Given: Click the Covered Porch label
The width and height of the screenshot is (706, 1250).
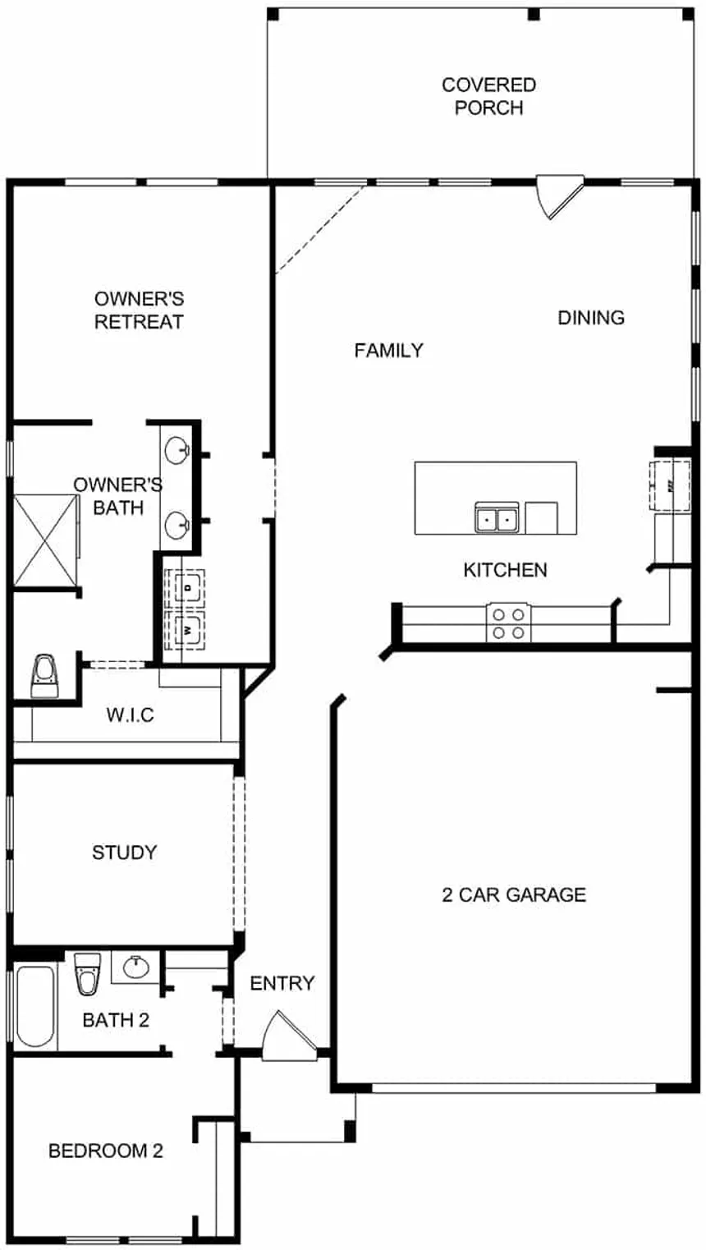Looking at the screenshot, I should [x=488, y=96].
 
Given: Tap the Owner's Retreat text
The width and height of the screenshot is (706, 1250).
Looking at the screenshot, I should [x=139, y=310].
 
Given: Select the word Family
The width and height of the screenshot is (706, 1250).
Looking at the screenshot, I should [x=388, y=351].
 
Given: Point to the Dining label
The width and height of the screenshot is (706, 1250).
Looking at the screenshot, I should [x=591, y=317].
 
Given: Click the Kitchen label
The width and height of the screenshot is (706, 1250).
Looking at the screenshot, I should [x=505, y=569].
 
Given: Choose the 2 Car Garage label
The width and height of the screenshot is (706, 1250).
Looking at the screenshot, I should [x=514, y=894].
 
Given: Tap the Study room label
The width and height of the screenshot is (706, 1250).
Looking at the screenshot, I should [x=124, y=852].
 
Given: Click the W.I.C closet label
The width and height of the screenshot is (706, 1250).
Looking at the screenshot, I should [x=130, y=715].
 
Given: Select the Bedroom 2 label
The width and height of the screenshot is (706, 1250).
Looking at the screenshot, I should [x=105, y=1151].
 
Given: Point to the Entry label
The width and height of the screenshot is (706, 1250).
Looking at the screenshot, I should [x=282, y=983].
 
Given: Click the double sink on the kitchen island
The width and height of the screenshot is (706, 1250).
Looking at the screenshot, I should [x=497, y=518].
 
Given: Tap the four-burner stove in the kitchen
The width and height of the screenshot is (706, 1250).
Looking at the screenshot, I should [x=508, y=622].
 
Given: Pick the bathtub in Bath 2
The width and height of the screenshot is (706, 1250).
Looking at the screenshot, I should [x=35, y=1006].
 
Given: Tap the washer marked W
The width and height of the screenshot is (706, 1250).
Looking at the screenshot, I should [x=186, y=630].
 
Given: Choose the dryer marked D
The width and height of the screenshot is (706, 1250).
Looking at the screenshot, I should [x=186, y=588].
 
